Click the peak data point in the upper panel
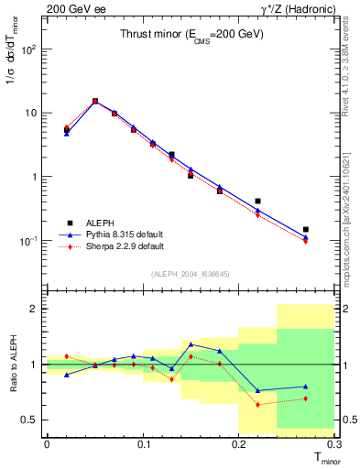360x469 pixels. coord(95,102)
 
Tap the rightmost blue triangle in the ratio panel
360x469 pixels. coord(306,387)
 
